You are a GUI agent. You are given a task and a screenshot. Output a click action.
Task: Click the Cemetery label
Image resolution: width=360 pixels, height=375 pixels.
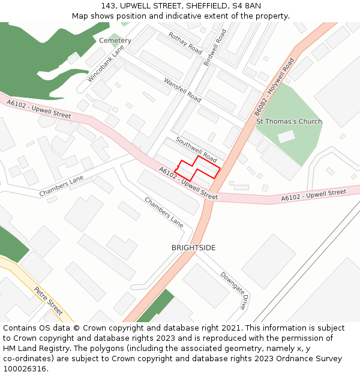pos(115,41)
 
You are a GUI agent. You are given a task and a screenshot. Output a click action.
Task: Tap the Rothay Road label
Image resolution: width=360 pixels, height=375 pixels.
pos(185,43)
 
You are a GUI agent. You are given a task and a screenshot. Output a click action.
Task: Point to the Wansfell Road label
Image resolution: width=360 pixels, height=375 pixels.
pos(182,89)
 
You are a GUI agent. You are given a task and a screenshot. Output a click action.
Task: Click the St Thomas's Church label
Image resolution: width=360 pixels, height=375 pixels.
pos(289,122)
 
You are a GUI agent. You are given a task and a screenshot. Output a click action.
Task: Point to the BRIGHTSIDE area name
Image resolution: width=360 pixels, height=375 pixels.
pos(193,248)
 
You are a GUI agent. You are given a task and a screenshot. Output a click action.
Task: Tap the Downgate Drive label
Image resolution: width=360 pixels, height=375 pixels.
pos(233,290)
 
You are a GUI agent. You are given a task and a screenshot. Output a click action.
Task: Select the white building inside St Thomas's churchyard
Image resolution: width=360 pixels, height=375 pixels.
pos(286,136)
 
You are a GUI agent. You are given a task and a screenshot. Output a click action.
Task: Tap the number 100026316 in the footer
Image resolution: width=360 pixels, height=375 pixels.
pos(25,369)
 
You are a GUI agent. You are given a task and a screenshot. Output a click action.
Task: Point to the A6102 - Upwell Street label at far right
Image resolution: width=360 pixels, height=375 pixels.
pos(313,195)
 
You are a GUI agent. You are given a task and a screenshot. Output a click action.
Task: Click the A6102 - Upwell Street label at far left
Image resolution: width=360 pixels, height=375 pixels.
pos(39,108)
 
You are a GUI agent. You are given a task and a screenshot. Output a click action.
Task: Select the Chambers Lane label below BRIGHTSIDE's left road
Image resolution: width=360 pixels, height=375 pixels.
pos(164,212)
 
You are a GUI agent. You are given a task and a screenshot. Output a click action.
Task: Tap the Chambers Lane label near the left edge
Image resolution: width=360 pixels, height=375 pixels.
pos(61,187)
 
